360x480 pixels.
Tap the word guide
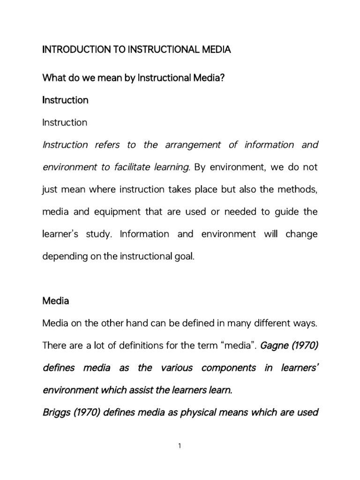tap(286, 212)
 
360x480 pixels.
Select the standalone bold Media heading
tap(55, 301)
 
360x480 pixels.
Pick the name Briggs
tap(55, 413)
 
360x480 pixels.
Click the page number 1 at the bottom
tap(180, 447)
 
